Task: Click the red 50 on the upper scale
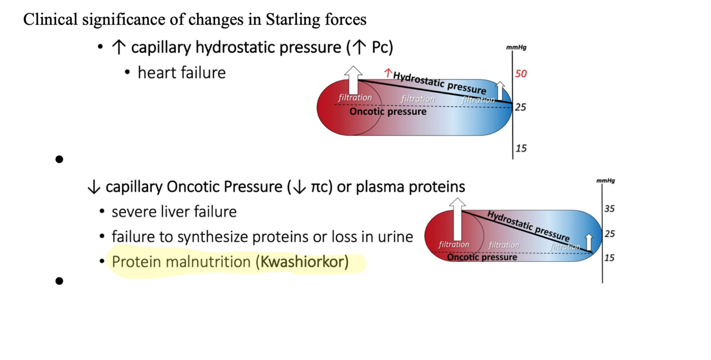pos(521,74)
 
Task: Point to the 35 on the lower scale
pos(609,209)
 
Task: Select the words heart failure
pos(181,73)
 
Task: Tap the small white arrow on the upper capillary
pos(499,91)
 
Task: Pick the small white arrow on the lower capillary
pos(588,242)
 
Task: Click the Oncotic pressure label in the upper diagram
pos(387,111)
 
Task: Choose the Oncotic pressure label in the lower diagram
pos(482,257)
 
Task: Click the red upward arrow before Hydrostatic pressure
pos(388,73)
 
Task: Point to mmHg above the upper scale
pos(516,47)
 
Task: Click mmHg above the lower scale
pos(605,181)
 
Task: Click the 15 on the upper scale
pos(521,148)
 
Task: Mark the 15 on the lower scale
pos(609,258)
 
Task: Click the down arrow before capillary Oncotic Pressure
pos(94,187)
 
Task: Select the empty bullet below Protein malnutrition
pos(59,281)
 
